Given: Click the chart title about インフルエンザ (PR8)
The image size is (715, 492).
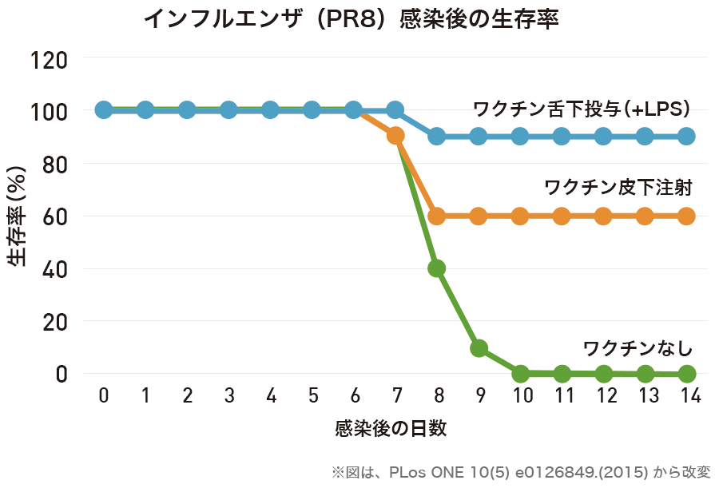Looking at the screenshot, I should [351, 19].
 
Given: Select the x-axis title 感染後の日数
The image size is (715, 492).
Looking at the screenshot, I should [391, 429].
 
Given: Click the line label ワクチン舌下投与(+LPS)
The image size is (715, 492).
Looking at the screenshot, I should [582, 109].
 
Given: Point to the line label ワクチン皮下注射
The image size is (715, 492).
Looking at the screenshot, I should [618, 188].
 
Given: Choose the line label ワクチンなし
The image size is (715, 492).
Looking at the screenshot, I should [638, 348].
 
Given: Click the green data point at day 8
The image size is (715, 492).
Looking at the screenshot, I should [437, 268].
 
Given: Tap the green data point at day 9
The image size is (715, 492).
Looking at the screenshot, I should [479, 348].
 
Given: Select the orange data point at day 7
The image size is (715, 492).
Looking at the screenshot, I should [395, 136].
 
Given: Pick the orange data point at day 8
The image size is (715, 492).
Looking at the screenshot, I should [437, 216].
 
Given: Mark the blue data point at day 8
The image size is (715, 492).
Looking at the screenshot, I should [437, 137].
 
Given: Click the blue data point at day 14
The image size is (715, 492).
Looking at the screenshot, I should [687, 137].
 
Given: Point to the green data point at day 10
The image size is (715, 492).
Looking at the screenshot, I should [520, 373].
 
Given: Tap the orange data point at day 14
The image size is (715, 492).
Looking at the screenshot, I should [687, 216].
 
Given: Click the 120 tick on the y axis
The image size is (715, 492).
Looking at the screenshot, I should [53, 60].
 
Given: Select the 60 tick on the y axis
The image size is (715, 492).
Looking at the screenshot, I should [58, 216].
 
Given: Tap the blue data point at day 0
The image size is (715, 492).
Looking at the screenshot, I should [104, 109].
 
